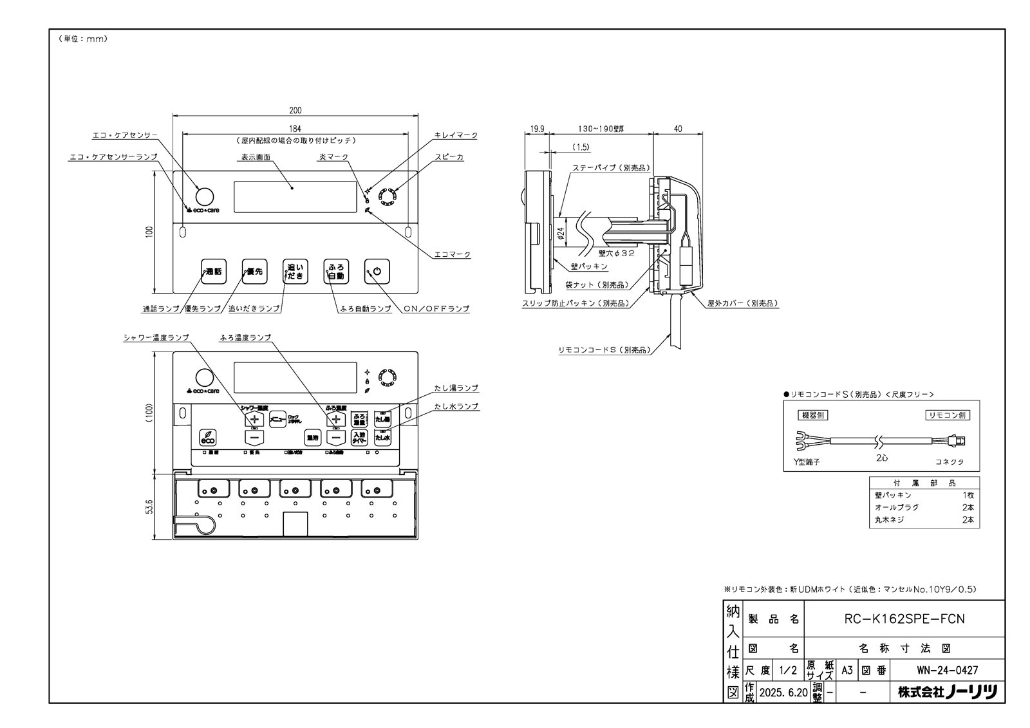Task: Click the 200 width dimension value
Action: pyautogui.click(x=295, y=111)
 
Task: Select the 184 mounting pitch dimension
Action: pyautogui.click(x=295, y=129)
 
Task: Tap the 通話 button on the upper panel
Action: pyautogui.click(x=212, y=271)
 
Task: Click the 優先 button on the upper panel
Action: pyautogui.click(x=254, y=271)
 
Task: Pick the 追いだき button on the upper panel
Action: pyautogui.click(x=295, y=271)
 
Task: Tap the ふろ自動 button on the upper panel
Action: pyautogui.click(x=335, y=271)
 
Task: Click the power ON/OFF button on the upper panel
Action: pyautogui.click(x=377, y=271)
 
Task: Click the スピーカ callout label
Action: pyautogui.click(x=449, y=156)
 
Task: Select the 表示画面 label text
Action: pyautogui.click(x=256, y=156)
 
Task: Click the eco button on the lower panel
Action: pyautogui.click(x=207, y=437)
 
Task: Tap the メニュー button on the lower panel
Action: pyautogui.click(x=277, y=419)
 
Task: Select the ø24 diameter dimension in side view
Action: pyautogui.click(x=559, y=235)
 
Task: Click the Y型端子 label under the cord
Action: pyautogui.click(x=807, y=462)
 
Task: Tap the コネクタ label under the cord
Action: pyautogui.click(x=950, y=462)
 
